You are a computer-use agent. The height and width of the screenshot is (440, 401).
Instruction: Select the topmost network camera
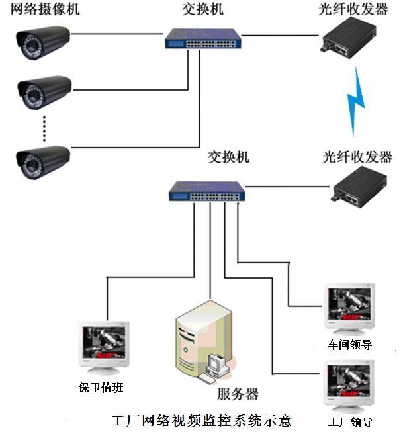42,42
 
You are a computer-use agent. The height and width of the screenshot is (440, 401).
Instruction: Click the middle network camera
42,92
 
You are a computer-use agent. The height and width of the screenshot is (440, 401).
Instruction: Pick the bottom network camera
42,160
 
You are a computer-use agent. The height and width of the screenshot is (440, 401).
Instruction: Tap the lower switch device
206,191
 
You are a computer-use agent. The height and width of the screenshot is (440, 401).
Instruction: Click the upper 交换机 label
202,11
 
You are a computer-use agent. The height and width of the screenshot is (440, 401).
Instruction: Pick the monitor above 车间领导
348,308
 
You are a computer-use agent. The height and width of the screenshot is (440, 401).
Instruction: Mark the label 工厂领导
350,421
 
